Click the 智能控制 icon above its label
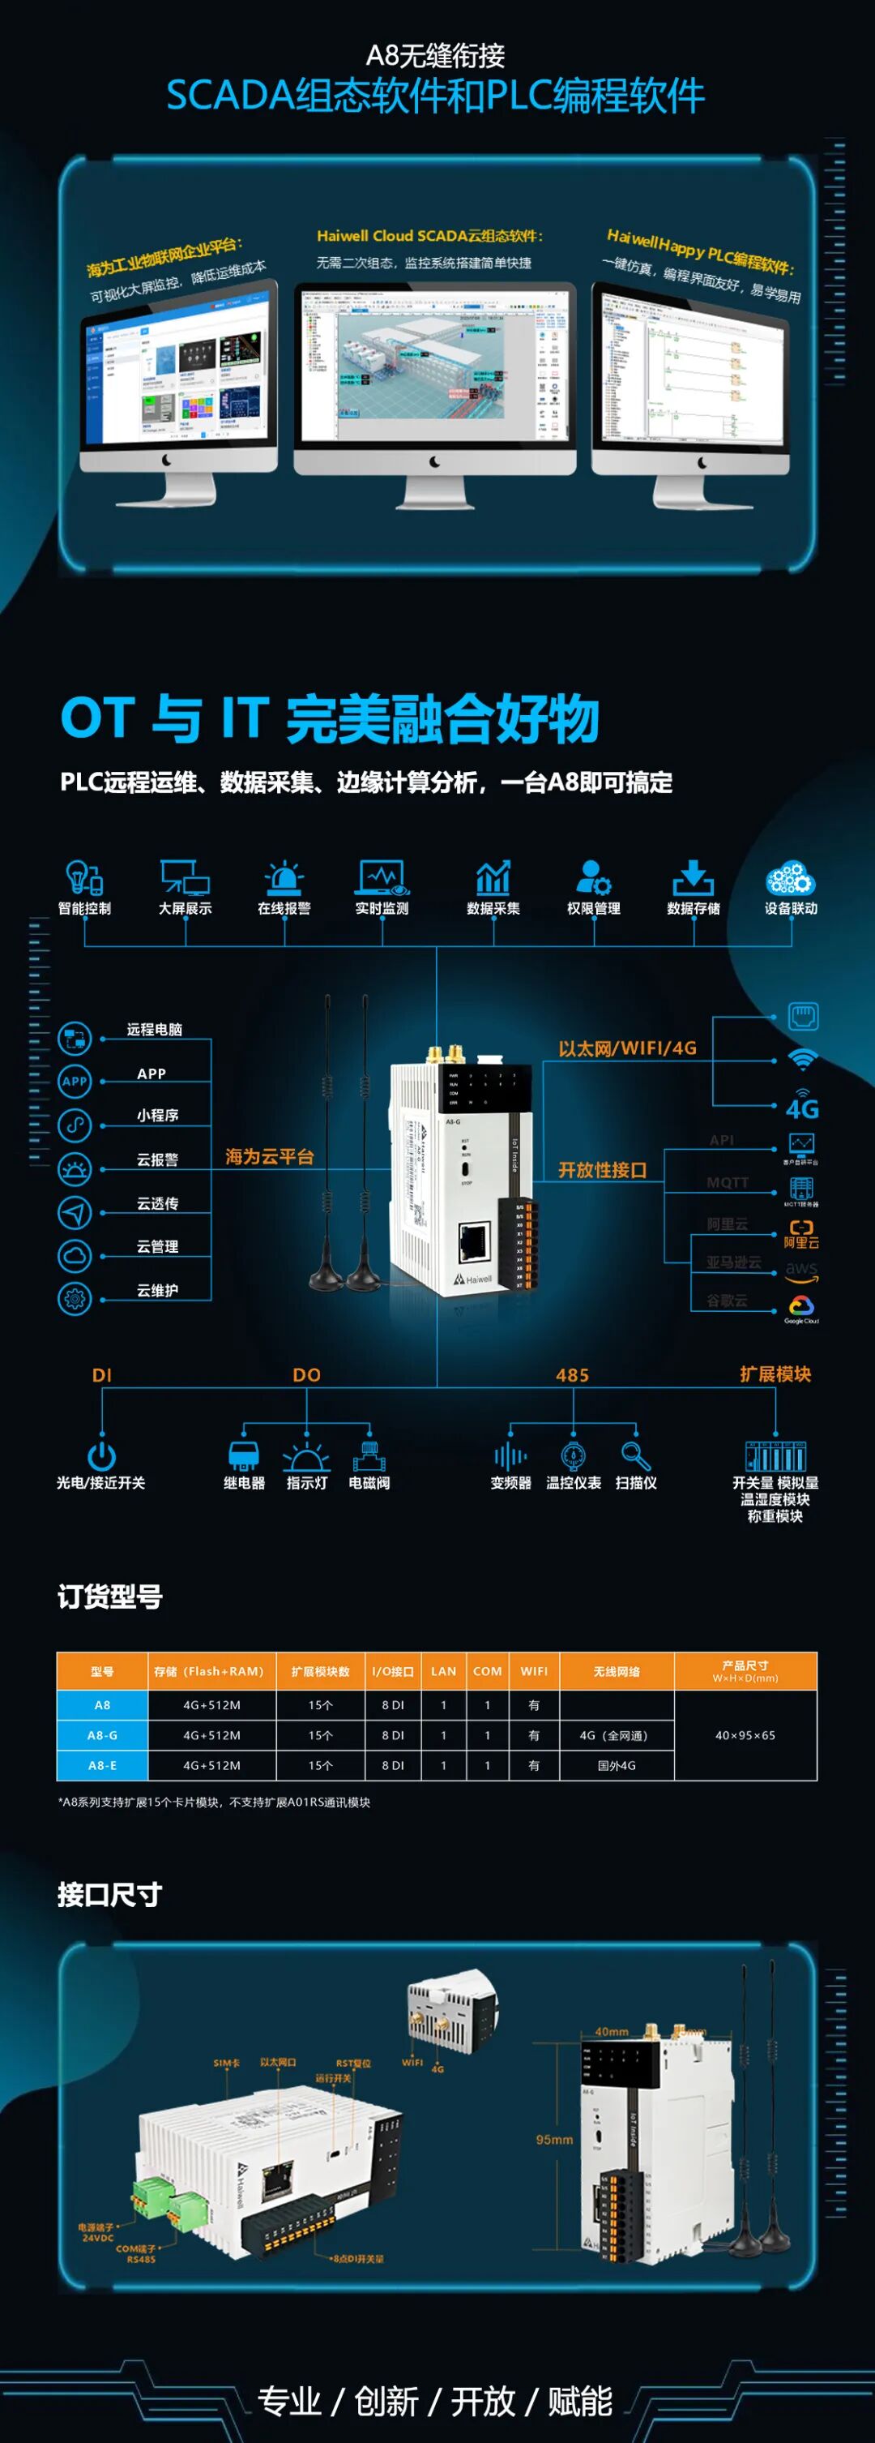[x=84, y=877]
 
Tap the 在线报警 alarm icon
[x=284, y=878]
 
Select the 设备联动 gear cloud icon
[x=790, y=878]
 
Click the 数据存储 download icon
[x=693, y=878]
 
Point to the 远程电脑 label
[x=155, y=1030]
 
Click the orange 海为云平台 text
[x=269, y=1157]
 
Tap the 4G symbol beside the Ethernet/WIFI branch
[x=802, y=1107]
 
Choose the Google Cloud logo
[x=801, y=1308]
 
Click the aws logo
[x=801, y=1270]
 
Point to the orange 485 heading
[x=573, y=1375]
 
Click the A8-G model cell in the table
[x=102, y=1735]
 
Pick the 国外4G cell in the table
[x=617, y=1766]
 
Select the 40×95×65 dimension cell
[x=745, y=1735]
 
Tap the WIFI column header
[x=534, y=1671]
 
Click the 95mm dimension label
[x=555, y=2140]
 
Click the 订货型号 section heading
[x=110, y=1598]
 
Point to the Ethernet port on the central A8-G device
[x=474, y=1241]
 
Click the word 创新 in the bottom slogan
[x=386, y=2402]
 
